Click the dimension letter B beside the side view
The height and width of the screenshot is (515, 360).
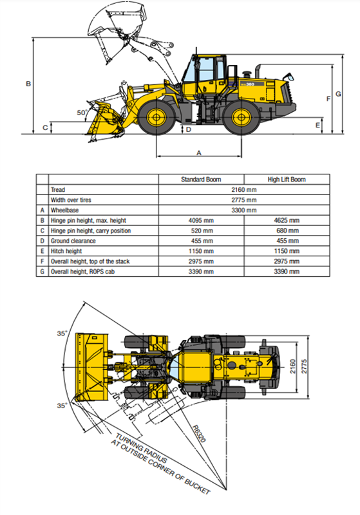pos(28,84)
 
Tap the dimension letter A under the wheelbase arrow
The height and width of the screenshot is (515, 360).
pos(199,153)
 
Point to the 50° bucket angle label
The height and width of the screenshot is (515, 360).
pos(82,113)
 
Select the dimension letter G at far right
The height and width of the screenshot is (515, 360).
pos(338,94)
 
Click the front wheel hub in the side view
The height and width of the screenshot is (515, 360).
pos(156,117)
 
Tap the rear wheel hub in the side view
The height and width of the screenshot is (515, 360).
pos(242,117)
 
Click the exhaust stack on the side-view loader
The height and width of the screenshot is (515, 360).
pos(258,71)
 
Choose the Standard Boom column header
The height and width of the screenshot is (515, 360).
pos(201,180)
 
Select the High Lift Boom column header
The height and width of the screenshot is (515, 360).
pos(287,180)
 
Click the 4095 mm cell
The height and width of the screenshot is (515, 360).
pos(201,220)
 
